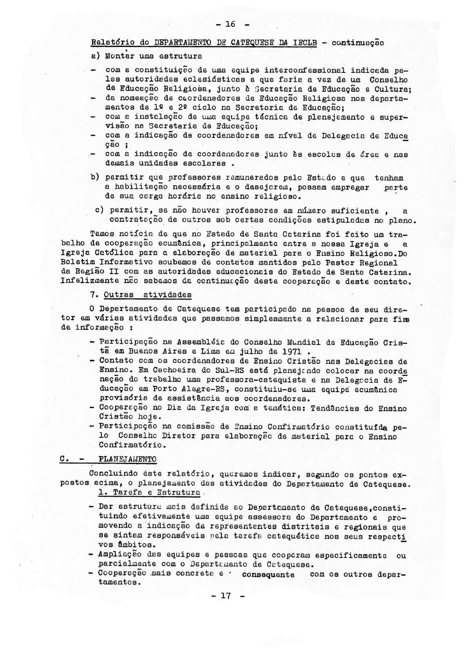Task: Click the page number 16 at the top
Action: point(230,24)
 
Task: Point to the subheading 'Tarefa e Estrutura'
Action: point(150,492)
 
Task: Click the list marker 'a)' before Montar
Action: point(94,56)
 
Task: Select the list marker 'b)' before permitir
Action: point(94,177)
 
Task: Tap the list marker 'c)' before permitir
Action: point(100,210)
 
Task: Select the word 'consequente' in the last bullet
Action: point(268,574)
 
